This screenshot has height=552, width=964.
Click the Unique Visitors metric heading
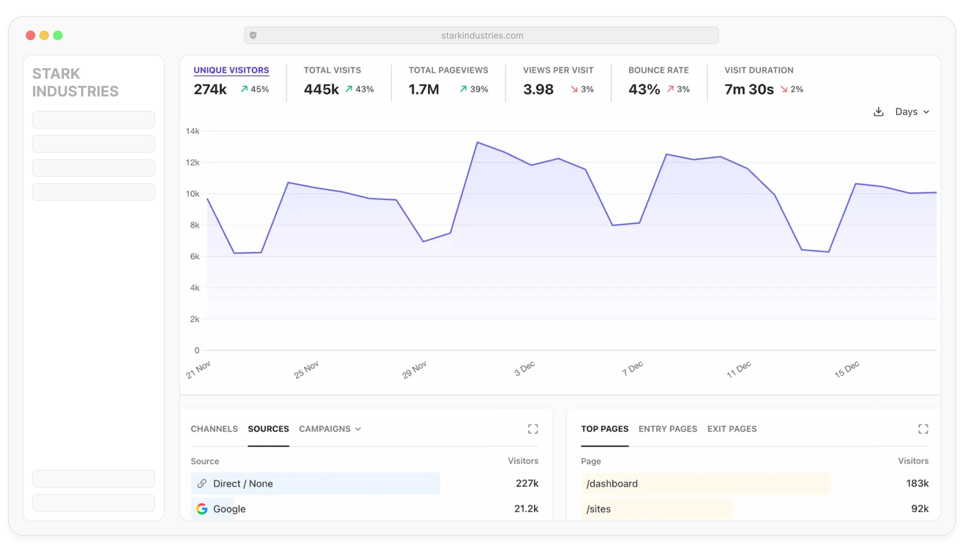231,70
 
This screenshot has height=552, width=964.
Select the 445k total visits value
321,89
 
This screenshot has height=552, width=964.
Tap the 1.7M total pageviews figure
424,89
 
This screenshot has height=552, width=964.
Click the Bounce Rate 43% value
644,89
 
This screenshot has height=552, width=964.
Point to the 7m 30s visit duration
749,89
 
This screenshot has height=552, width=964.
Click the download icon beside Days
878,111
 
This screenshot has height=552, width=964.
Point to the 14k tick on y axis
192,131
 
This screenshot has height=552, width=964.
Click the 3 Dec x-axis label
524,368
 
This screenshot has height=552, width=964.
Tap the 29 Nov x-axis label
415,369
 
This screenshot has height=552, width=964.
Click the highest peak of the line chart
477,142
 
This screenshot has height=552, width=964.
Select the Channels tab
214,428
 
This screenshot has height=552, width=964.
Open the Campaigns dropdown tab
330,428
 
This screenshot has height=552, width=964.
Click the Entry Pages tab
668,428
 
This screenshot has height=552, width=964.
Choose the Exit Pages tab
731,428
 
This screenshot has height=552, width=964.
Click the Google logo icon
202,509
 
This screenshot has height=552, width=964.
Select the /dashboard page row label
612,483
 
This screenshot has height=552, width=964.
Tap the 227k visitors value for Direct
527,483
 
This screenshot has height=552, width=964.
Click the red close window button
31,36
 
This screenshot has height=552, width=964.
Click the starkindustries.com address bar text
482,36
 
